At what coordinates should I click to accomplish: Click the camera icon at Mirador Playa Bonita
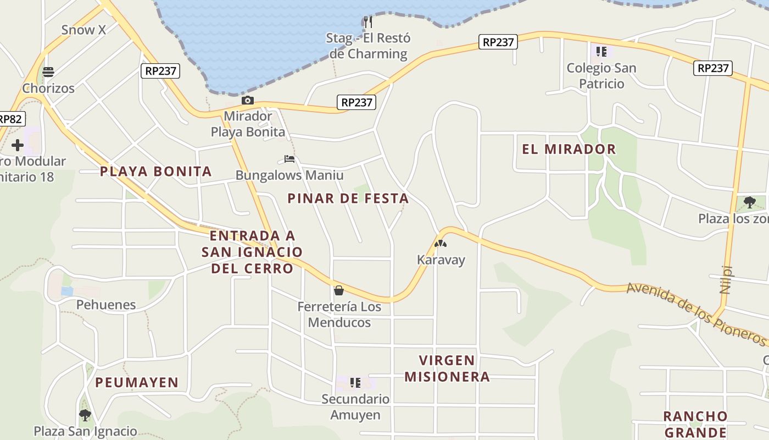(x=248, y=100)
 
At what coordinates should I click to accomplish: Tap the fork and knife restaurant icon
(x=368, y=22)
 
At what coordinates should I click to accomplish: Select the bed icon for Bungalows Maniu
(x=289, y=159)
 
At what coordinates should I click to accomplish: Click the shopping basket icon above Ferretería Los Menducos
(x=339, y=290)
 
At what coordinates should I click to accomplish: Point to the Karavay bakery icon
(x=441, y=244)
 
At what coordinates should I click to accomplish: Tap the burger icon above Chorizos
(x=48, y=72)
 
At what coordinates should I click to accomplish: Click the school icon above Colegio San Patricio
(x=601, y=52)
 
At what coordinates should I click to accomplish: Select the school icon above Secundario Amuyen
(x=355, y=382)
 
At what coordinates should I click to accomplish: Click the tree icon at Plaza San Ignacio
(x=85, y=415)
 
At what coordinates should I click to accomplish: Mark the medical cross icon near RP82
(x=18, y=145)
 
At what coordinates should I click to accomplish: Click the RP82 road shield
(x=11, y=119)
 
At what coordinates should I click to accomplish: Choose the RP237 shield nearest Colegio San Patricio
(x=713, y=68)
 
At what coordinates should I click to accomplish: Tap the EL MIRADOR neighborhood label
(x=569, y=149)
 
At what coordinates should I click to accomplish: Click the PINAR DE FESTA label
(x=348, y=199)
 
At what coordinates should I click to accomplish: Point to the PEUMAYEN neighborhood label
(x=137, y=382)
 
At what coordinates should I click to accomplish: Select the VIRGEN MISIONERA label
(x=447, y=369)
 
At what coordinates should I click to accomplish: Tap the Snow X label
(x=83, y=30)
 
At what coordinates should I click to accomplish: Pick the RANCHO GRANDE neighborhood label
(x=695, y=424)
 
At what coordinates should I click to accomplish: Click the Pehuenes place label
(x=105, y=305)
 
